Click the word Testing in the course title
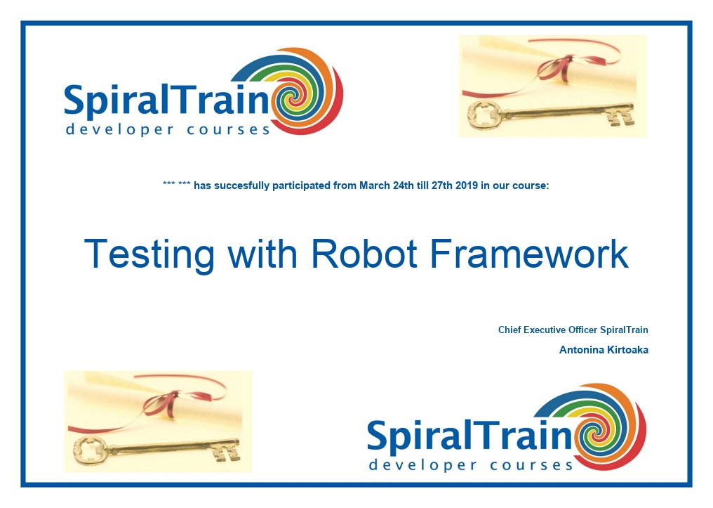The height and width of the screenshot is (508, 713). pos(149,255)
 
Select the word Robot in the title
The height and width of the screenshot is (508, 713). pos(364,254)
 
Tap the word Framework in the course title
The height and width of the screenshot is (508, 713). pos(529,254)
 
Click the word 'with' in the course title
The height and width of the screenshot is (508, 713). pos(262,254)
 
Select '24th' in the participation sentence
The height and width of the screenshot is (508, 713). pos(403,185)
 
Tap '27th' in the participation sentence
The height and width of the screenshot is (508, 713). pos(441,185)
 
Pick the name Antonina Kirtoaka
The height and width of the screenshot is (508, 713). pos(604,350)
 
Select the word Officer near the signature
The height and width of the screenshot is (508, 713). pos(583,330)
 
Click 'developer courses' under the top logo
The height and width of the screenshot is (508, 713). pos(168,130)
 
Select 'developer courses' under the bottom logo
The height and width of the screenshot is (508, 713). pos(471,465)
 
